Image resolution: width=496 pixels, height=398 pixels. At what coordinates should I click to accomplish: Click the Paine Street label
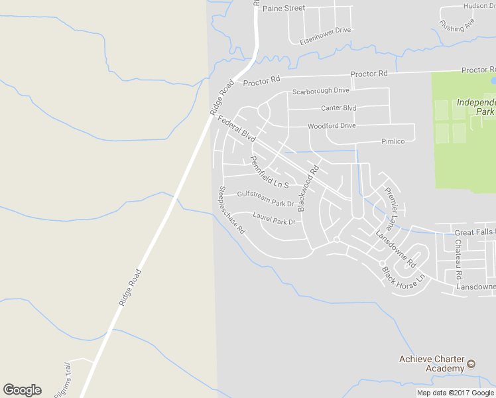tap(283, 8)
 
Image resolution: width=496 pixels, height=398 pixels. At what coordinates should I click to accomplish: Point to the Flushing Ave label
tap(457, 25)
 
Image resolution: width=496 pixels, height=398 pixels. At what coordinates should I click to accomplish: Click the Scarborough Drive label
tap(320, 91)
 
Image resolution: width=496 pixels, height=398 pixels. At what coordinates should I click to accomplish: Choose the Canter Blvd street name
tap(338, 108)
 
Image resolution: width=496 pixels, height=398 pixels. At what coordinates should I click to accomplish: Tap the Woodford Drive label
tap(332, 126)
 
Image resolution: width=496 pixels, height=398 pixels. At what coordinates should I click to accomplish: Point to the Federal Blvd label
tap(237, 129)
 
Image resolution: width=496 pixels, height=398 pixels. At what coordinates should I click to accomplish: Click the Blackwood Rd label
tap(308, 188)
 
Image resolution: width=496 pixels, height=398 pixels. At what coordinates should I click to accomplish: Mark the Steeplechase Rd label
tap(231, 210)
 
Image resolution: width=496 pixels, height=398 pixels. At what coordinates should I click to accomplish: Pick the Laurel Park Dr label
tap(273, 218)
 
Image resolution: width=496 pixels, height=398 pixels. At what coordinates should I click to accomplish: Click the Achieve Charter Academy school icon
tap(471, 364)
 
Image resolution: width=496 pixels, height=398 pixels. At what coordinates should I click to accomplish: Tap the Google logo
tap(22, 390)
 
